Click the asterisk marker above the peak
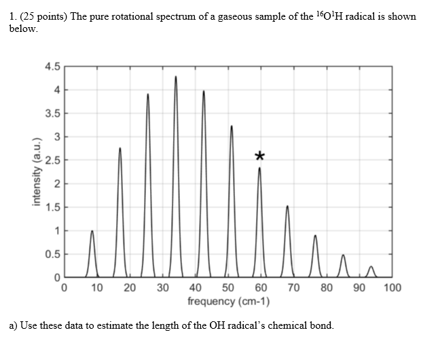[x=259, y=156]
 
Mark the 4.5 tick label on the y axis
[x=52, y=67]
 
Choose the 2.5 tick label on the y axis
[x=52, y=160]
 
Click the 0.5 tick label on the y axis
[x=52, y=254]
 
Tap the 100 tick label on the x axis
[x=392, y=288]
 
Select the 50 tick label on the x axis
[x=227, y=288]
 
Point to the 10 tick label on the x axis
[x=96, y=288]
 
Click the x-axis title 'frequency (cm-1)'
[x=228, y=301]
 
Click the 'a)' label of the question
[x=14, y=325]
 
